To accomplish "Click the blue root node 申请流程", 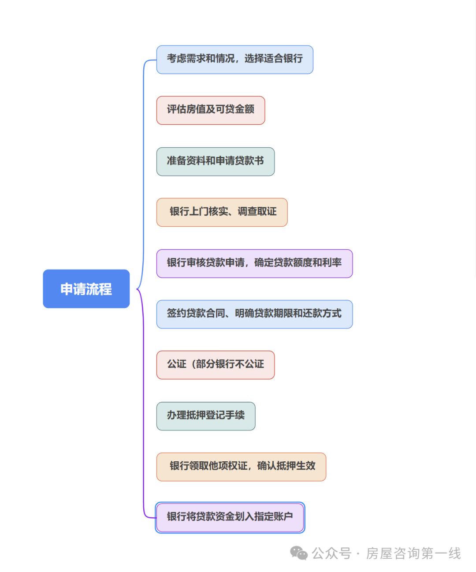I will point(86,289).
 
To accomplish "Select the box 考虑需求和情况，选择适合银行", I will point(234,60).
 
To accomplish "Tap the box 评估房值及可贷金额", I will point(211,110).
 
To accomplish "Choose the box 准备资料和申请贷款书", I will point(215,161).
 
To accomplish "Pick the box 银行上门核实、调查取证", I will point(222,212).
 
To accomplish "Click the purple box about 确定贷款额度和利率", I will point(254,263).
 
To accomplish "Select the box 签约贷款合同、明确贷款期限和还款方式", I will point(254,314).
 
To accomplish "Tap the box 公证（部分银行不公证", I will point(215,365).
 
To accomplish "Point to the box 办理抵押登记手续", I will point(205,416).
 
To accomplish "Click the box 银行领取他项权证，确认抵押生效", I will point(241,467).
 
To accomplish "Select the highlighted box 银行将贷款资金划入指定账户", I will point(230,517).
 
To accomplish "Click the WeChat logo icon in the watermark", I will point(299,553).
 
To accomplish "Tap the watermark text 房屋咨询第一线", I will point(413,553).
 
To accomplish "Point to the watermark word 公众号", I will point(331,553).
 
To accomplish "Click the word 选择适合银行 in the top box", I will point(274,59).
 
